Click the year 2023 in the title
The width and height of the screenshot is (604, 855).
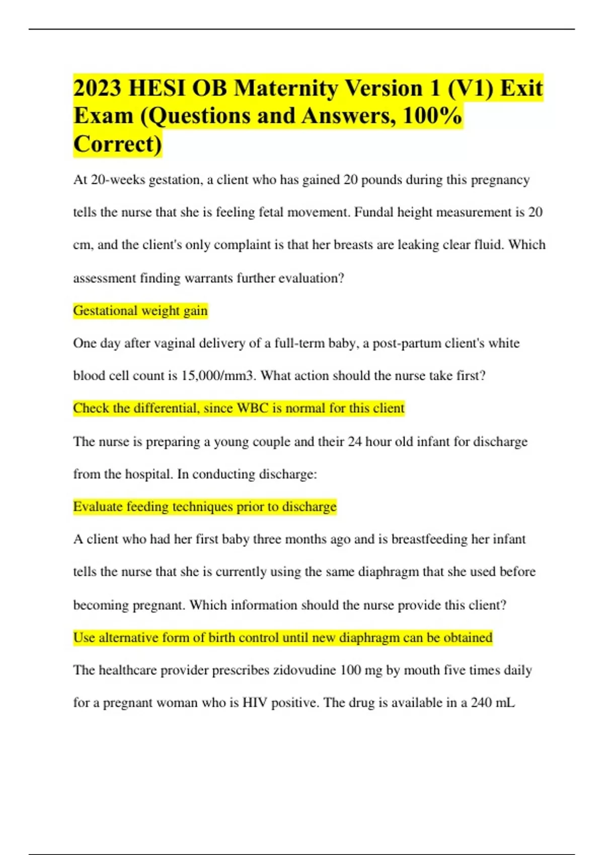coord(97,88)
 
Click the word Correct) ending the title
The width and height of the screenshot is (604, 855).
coord(118,144)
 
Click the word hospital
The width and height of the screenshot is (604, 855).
coord(148,474)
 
